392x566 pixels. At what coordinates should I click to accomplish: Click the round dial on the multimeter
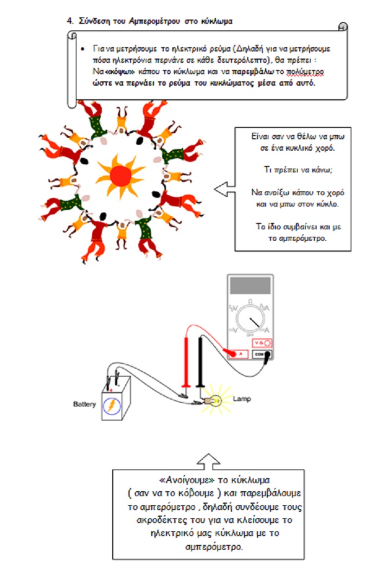[x=250, y=318]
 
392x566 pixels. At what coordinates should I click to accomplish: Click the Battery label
[x=85, y=404]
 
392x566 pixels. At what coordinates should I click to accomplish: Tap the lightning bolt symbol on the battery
[x=112, y=406]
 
